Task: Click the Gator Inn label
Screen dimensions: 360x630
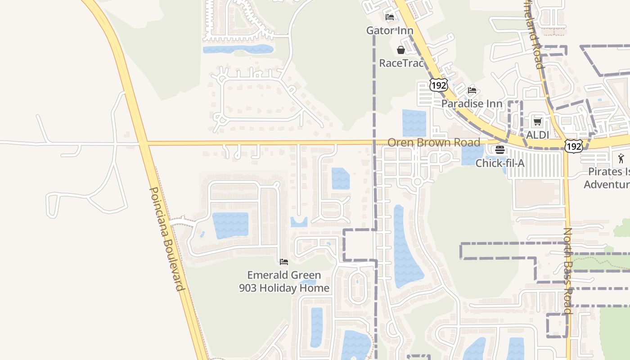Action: click(390, 31)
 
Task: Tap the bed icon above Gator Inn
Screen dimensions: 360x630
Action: click(390, 17)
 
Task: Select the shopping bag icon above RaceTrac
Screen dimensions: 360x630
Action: click(400, 49)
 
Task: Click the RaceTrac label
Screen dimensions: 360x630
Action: click(401, 63)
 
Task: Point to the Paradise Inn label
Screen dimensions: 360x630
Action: click(472, 103)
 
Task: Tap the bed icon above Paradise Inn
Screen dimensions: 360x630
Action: click(472, 90)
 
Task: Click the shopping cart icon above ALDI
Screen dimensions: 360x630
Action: click(537, 121)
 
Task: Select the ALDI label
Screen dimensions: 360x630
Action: click(538, 135)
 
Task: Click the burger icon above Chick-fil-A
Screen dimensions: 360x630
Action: click(500, 150)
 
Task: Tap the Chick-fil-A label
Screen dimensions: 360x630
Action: click(500, 163)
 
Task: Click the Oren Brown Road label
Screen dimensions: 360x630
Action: click(434, 143)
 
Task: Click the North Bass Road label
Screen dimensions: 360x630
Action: click(568, 270)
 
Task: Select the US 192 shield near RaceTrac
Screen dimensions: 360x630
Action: click(437, 85)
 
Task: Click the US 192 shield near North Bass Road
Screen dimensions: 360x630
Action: click(575, 145)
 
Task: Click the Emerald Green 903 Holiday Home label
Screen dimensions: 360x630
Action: click(284, 281)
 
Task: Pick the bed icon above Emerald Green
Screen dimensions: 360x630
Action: click(284, 261)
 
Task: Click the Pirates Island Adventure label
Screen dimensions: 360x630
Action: click(607, 178)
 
